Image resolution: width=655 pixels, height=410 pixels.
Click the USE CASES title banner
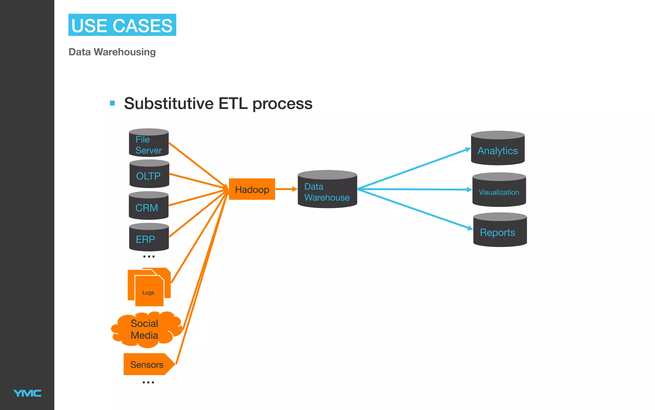[x=122, y=25]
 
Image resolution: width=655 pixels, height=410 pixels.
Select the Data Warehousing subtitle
[x=112, y=52]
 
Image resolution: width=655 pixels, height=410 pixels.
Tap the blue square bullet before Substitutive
[x=112, y=103]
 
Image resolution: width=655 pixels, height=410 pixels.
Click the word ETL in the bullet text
[x=233, y=103]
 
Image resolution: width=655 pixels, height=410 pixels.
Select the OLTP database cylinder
[x=149, y=175]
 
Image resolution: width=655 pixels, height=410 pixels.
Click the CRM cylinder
[x=148, y=206]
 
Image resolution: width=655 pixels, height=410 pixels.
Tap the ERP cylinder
[x=149, y=238]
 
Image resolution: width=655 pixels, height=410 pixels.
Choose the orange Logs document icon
[x=149, y=287]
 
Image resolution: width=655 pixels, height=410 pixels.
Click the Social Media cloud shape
[x=146, y=330]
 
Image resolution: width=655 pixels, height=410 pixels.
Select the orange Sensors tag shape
[x=148, y=364]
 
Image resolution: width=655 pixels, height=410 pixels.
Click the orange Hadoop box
[x=252, y=189]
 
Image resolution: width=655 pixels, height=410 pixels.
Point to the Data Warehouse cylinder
[x=327, y=190]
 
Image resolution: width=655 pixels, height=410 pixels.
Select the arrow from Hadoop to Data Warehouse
[x=286, y=189]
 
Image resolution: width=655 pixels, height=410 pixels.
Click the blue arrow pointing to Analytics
[x=416, y=168]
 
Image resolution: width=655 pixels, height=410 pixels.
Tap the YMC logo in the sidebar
[x=27, y=393]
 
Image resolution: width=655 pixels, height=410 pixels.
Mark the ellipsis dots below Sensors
[x=148, y=382]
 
